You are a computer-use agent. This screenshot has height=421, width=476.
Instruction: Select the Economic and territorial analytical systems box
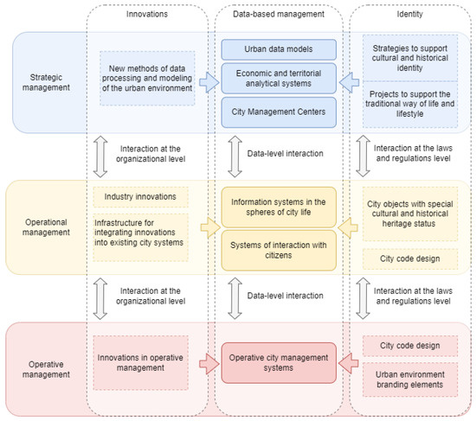(x=277, y=80)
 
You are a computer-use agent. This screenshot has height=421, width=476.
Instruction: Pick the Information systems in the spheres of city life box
(x=277, y=207)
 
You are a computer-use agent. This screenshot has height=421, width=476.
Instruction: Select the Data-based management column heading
(x=277, y=15)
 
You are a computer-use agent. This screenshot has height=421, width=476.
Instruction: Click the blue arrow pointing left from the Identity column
(x=347, y=82)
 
